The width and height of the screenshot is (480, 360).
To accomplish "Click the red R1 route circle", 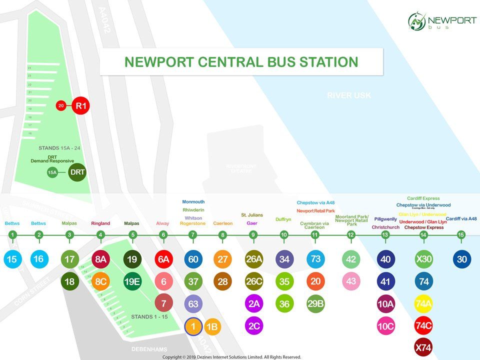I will click(81, 105).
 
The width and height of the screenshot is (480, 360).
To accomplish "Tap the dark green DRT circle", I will click(77, 172).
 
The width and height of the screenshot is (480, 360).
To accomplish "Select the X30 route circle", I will click(423, 259).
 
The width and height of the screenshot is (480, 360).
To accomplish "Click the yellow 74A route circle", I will click(423, 303).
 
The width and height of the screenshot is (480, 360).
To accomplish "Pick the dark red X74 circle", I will click(423, 347).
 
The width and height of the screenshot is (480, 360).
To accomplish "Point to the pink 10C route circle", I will click(385, 325).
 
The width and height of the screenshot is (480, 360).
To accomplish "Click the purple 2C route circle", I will click(254, 325).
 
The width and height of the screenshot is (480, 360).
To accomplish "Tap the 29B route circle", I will click(315, 303).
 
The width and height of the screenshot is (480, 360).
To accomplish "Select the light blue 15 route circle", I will click(12, 259).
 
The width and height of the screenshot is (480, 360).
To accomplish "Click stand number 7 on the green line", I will click(193, 234).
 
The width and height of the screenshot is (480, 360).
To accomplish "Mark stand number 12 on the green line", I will click(351, 234).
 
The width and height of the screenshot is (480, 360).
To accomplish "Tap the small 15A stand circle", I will click(52, 172).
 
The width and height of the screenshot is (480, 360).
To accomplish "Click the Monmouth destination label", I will click(193, 202).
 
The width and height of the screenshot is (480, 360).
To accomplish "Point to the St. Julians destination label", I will click(252, 215).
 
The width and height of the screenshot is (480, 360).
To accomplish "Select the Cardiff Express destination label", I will click(423, 198).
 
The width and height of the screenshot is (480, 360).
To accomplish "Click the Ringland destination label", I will click(100, 223).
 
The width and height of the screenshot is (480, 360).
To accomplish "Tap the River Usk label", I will click(349, 95).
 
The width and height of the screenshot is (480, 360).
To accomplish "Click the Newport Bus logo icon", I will click(416, 21).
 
